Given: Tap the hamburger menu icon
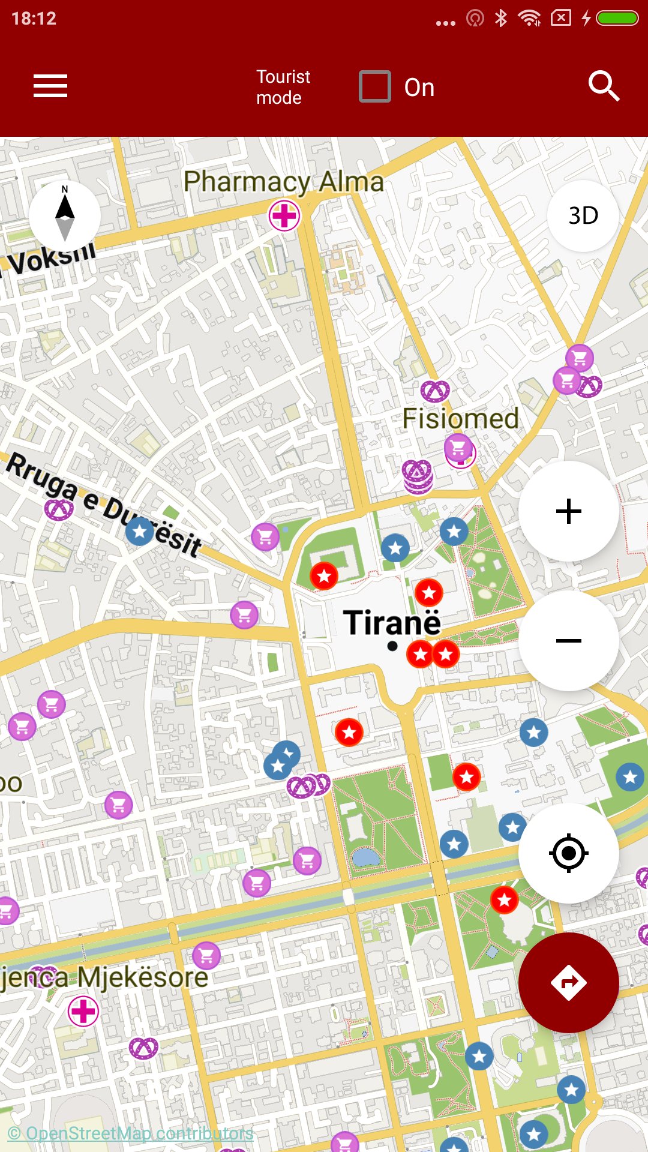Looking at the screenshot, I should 50,86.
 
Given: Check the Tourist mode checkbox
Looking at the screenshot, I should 375,86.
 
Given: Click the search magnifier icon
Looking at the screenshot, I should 603,86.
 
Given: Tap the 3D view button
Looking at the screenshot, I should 583,216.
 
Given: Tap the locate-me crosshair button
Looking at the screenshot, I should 568,853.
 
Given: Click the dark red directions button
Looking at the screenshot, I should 568,982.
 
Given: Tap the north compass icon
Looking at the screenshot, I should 65,216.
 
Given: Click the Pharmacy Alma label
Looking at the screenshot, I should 283,181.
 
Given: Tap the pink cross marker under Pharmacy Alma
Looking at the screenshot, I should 284,215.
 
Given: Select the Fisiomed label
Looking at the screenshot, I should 460,418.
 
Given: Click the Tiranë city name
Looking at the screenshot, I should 392,622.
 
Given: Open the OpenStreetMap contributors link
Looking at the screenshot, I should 130,1133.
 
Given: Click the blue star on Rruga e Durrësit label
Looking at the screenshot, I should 140,531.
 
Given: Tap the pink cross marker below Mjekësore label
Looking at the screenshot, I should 83,1011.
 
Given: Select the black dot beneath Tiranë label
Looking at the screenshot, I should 392,646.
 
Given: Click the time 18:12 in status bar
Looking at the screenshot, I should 34,19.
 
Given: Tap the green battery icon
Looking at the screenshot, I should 617,19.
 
